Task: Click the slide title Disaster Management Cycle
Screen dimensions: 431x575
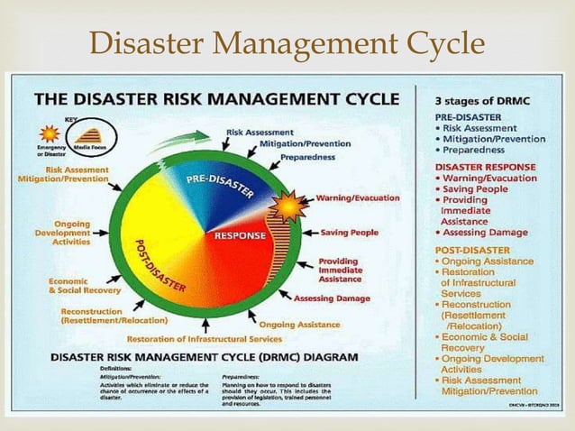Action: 287,42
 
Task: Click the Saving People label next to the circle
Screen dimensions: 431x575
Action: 350,232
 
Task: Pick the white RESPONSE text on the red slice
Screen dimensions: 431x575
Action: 239,236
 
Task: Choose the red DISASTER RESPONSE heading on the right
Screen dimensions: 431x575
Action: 485,167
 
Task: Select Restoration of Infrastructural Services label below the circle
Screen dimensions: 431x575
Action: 204,339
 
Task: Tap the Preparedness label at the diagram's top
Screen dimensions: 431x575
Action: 308,158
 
